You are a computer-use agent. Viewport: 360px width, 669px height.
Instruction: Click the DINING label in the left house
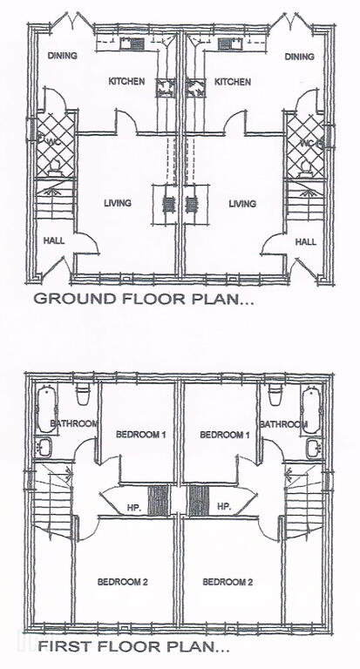(x=63, y=56)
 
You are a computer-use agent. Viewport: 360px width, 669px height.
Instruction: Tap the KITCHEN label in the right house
(x=233, y=82)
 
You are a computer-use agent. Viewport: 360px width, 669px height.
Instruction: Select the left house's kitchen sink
(x=132, y=44)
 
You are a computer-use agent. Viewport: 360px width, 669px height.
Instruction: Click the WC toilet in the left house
(x=55, y=168)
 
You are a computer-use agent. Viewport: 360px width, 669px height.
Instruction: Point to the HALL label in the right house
(x=306, y=242)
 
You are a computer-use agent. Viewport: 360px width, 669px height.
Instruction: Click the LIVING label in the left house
(x=118, y=203)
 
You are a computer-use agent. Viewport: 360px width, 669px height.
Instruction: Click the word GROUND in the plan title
(x=75, y=298)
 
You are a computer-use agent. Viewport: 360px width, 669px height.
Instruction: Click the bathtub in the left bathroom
(x=44, y=410)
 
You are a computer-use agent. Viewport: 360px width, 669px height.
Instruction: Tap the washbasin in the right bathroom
(x=313, y=449)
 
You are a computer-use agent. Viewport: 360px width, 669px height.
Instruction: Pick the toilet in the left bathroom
(x=83, y=395)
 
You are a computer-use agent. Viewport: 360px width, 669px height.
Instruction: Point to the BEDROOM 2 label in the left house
(x=123, y=582)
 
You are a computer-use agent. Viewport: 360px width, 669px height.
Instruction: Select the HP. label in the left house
(x=132, y=507)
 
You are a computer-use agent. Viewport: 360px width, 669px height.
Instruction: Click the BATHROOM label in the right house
(x=283, y=424)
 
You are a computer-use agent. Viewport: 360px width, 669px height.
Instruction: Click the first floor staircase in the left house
(x=53, y=498)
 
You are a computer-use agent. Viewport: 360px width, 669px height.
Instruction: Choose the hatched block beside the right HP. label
(x=199, y=501)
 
